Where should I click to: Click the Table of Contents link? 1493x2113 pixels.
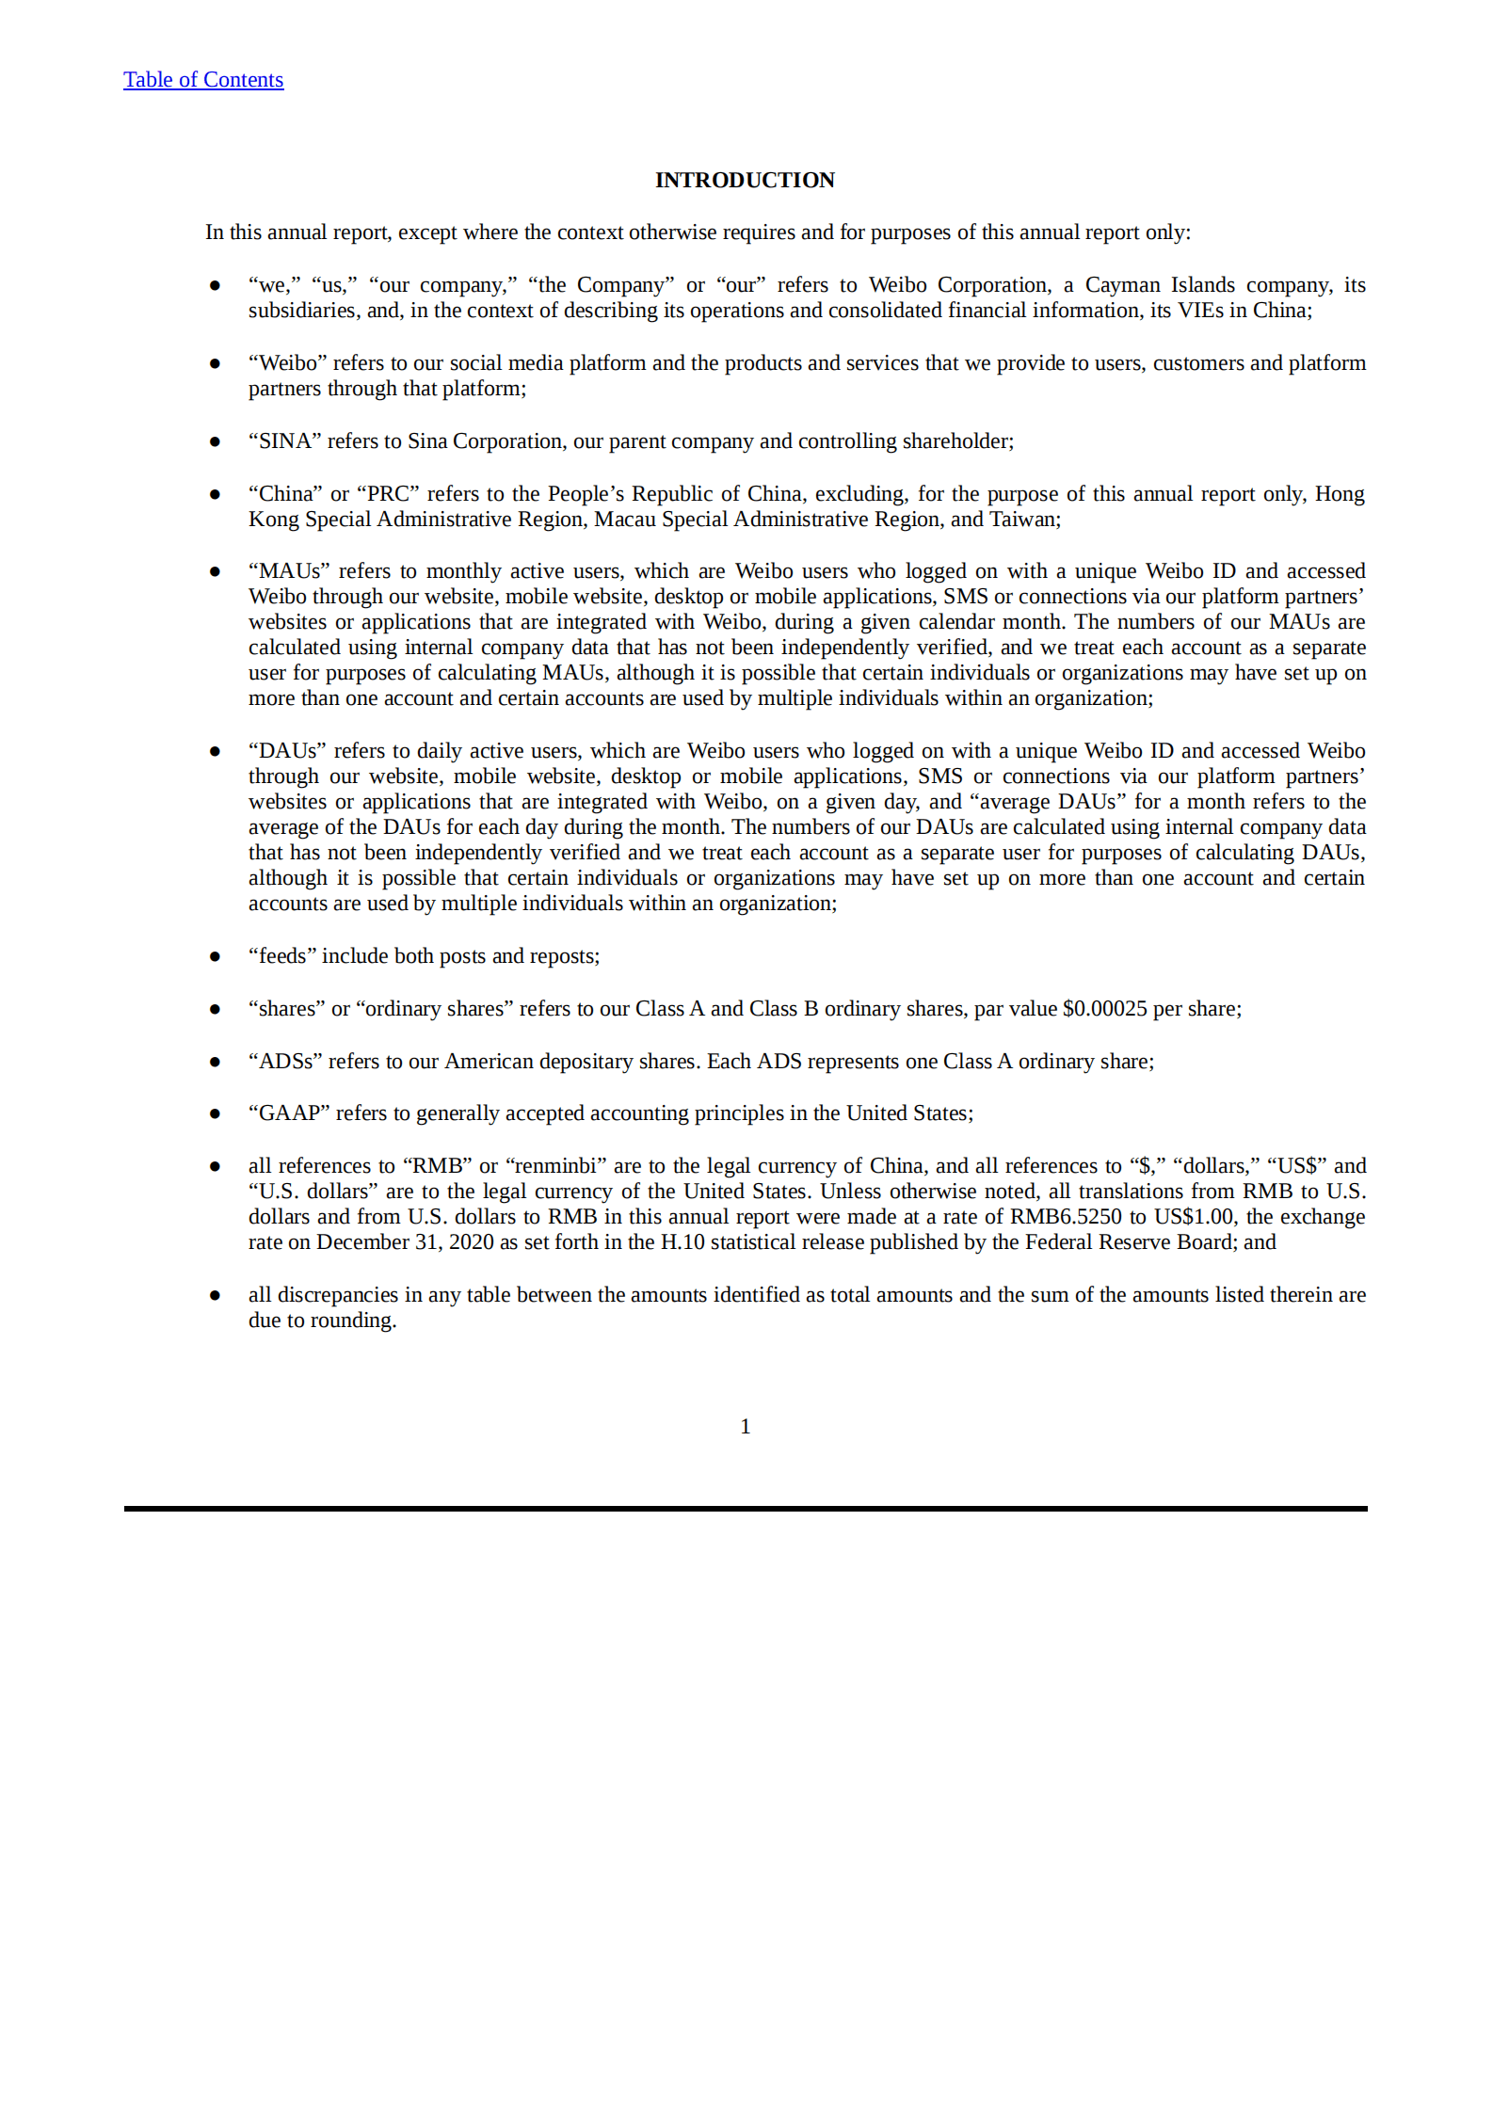[x=203, y=80]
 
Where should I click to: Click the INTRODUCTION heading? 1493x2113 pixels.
[x=745, y=180]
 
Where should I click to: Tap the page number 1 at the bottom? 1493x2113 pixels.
[x=746, y=1427]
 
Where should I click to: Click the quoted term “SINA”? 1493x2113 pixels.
[x=284, y=441]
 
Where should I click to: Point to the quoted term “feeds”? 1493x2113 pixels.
[x=281, y=956]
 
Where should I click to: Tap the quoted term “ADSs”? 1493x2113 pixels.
[x=285, y=1062]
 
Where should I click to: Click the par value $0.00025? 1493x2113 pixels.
[x=1104, y=1009]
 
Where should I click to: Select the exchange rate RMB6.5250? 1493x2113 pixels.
[x=1066, y=1217]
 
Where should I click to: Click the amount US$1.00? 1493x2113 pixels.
[x=1194, y=1217]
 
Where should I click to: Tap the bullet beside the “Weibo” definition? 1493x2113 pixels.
[x=215, y=363]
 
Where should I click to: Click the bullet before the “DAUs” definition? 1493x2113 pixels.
[x=215, y=751]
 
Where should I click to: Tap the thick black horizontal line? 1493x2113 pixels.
[x=746, y=1509]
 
